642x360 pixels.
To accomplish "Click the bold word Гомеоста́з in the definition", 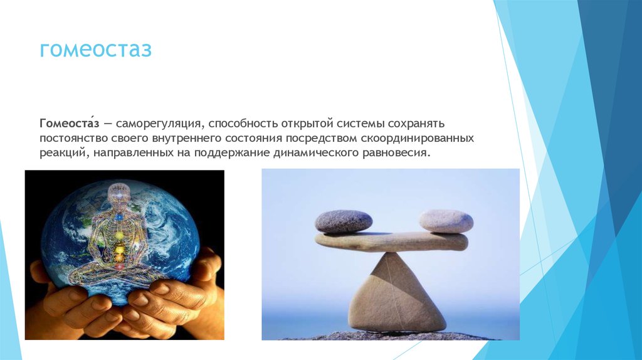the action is pyautogui.click(x=69, y=124).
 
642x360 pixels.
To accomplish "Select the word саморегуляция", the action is pyautogui.click(x=160, y=124).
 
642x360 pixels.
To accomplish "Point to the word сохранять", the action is pyautogui.click(x=416, y=124).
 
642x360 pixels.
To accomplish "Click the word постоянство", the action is pyautogui.click(x=74, y=139).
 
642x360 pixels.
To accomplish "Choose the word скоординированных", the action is pyautogui.click(x=417, y=139).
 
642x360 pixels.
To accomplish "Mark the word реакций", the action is pyautogui.click(x=65, y=154).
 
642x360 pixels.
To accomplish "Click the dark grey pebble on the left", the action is pyautogui.click(x=344, y=221).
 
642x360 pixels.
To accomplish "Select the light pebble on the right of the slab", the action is pyautogui.click(x=446, y=221).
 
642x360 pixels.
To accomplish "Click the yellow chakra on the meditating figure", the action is pyautogui.click(x=120, y=236).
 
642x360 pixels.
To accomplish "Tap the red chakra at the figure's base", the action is pyautogui.click(x=120, y=267).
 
